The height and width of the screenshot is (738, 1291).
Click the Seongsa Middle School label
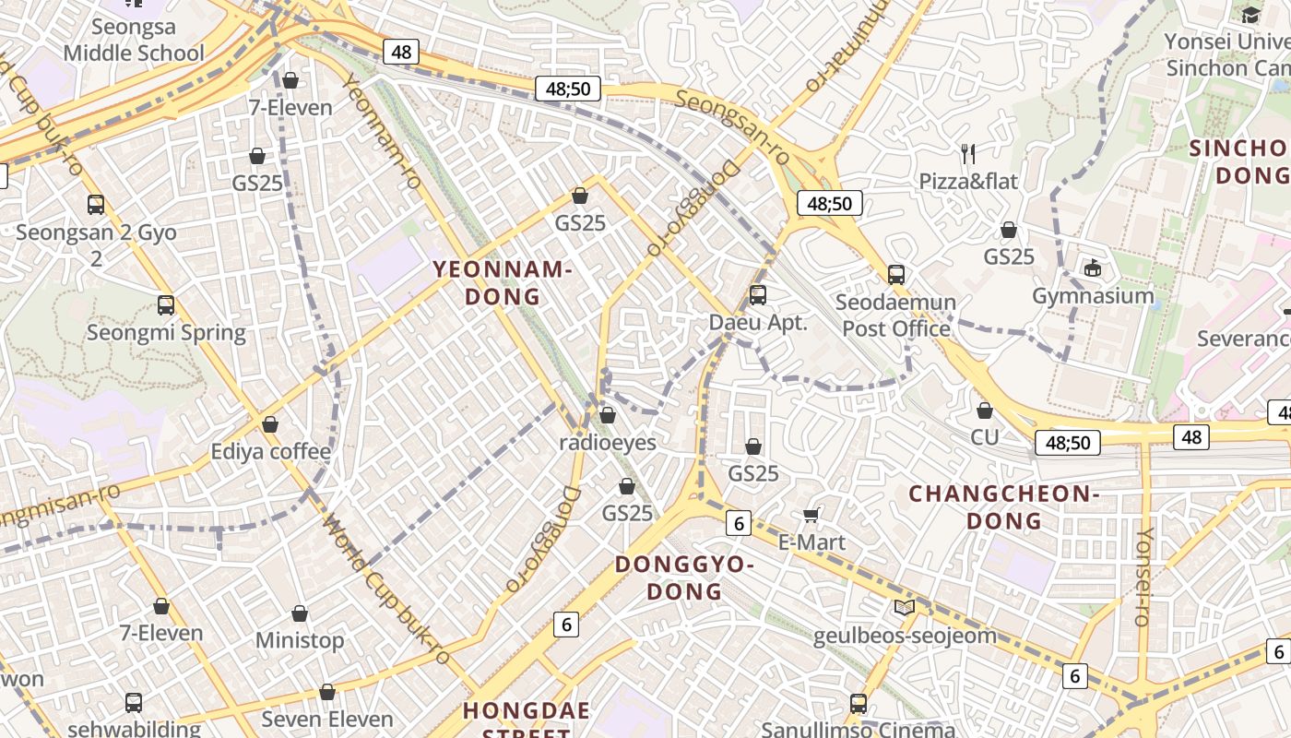pyautogui.click(x=134, y=41)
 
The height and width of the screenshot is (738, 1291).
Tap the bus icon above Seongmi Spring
pyautogui.click(x=166, y=304)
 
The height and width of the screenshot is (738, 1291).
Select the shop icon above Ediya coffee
pyautogui.click(x=270, y=424)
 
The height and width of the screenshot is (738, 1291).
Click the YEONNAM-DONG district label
pyautogui.click(x=503, y=282)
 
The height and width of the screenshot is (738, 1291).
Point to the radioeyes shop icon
pyautogui.click(x=608, y=415)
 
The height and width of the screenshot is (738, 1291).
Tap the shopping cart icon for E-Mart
pyautogui.click(x=811, y=515)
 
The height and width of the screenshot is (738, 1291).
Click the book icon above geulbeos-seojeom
pyautogui.click(x=905, y=607)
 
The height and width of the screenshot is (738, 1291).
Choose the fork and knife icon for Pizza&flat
pyautogui.click(x=968, y=153)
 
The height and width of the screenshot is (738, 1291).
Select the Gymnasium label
pyautogui.click(x=1093, y=296)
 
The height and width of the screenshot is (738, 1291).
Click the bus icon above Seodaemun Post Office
pyautogui.click(x=896, y=274)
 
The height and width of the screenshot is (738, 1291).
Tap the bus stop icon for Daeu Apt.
pyautogui.click(x=758, y=295)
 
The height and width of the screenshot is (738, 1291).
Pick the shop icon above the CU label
pyautogui.click(x=985, y=411)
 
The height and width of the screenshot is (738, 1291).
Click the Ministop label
pyautogui.click(x=300, y=640)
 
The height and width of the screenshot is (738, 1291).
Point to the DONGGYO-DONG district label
pyautogui.click(x=685, y=577)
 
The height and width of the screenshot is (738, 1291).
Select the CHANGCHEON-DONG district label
pyautogui.click(x=1004, y=507)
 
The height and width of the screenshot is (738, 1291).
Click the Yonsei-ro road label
pyautogui.click(x=1144, y=577)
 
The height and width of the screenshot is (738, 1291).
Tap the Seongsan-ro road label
pyautogui.click(x=734, y=126)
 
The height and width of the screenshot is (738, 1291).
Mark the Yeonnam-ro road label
pyautogui.click(x=382, y=131)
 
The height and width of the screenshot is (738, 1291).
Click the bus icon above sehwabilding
pyautogui.click(x=134, y=702)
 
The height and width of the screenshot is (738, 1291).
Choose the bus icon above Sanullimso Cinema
pyautogui.click(x=859, y=704)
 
